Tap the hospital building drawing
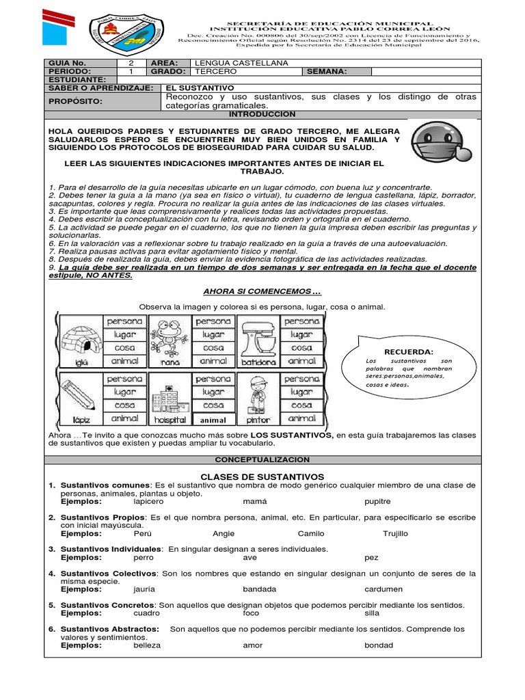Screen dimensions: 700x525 169,396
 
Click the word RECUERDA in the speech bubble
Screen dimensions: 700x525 409,351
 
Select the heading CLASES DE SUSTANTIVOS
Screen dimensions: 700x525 262,476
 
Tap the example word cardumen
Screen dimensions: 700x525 383,589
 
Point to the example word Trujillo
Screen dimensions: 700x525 395,533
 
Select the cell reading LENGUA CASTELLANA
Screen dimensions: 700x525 232,63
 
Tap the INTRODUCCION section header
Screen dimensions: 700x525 262,114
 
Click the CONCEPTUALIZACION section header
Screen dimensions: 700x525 262,460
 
